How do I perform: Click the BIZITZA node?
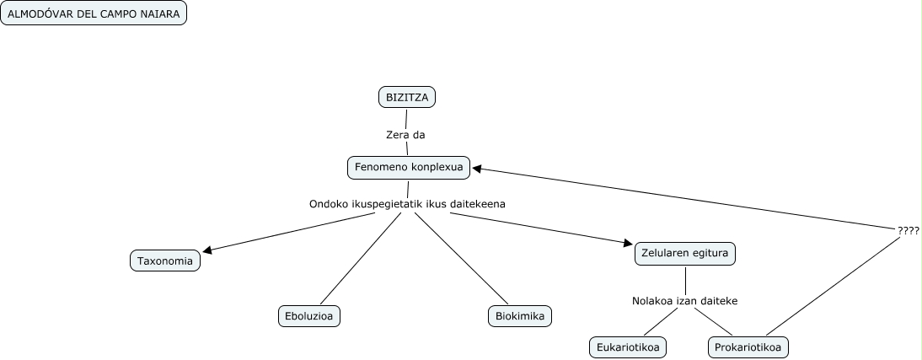tap(407, 98)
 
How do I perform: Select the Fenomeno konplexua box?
tap(409, 168)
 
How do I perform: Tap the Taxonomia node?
tap(166, 261)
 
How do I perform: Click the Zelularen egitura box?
tap(685, 254)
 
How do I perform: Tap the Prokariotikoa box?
tap(748, 347)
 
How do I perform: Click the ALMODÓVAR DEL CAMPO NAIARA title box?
tap(93, 14)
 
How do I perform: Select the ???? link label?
tap(908, 229)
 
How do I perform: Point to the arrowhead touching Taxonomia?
tap(208, 250)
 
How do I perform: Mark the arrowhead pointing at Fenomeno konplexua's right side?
tap(477, 169)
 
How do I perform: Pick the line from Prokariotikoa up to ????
tap(834, 287)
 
